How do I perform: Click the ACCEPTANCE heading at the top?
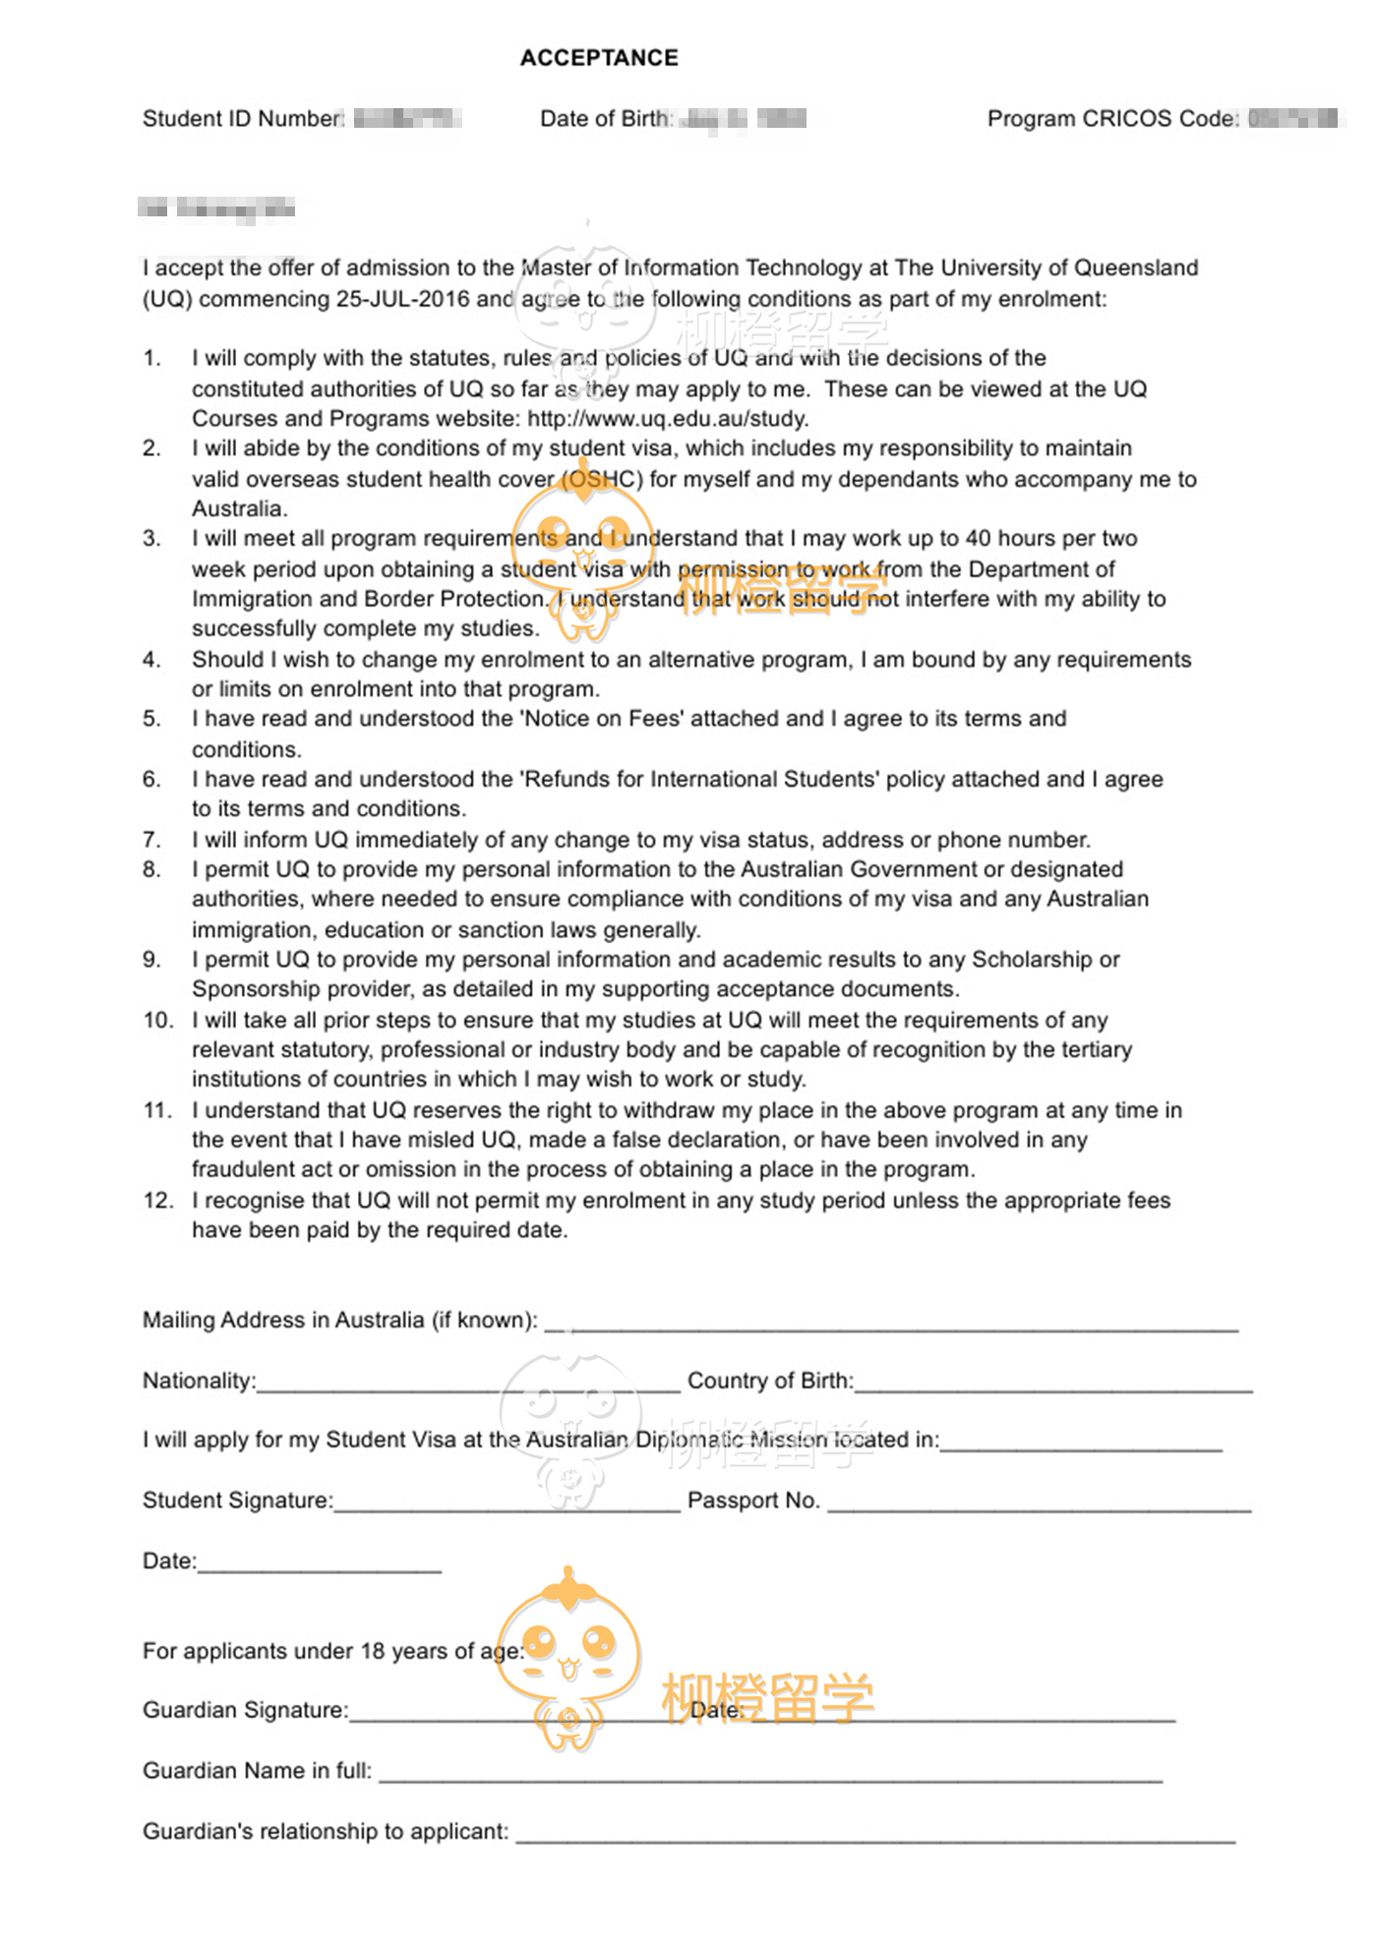pyautogui.click(x=599, y=58)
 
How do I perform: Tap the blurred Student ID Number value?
pyautogui.click(x=407, y=119)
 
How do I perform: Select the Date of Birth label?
pyautogui.click(x=605, y=119)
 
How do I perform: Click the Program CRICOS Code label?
pyautogui.click(x=1112, y=119)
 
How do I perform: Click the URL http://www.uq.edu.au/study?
pyautogui.click(x=668, y=419)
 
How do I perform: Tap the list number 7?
pyautogui.click(x=151, y=840)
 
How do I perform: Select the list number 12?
pyautogui.click(x=157, y=1201)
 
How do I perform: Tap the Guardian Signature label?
pyautogui.click(x=246, y=1711)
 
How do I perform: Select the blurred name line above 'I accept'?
pyautogui.click(x=217, y=208)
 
